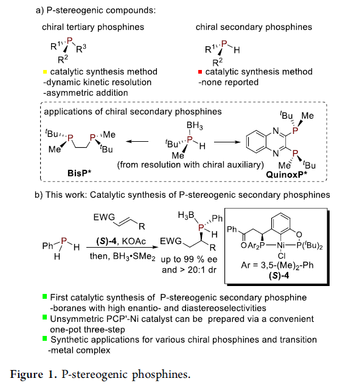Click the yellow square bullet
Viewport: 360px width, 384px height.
[45, 72]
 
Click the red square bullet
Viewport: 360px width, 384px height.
[200, 72]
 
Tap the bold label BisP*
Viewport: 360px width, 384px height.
[79, 173]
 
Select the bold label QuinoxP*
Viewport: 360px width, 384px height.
[286, 175]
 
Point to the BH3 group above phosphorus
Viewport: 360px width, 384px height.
[195, 125]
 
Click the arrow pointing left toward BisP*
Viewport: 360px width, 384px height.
[137, 141]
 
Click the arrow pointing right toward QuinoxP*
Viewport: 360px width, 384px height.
[227, 142]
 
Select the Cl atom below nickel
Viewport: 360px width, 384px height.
[282, 256]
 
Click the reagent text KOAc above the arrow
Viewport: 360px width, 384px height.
[134, 241]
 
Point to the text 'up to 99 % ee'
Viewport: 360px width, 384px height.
[189, 259]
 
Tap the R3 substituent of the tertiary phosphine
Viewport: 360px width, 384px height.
[81, 49]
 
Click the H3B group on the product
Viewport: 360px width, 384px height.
[186, 215]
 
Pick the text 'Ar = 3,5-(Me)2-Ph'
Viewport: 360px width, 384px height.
[277, 265]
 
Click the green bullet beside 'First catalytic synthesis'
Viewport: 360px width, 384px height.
[44, 296]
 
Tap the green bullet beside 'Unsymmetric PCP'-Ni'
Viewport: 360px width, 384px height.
[44, 318]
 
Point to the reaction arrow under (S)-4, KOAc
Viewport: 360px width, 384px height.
[122, 247]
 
